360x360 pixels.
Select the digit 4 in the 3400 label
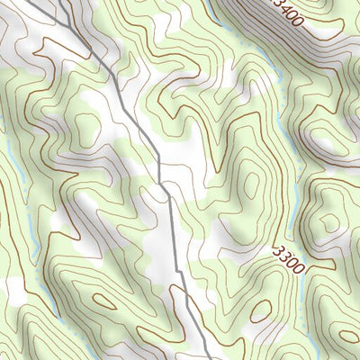click(x=290, y=13)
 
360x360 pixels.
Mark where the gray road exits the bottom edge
click(x=208, y=358)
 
